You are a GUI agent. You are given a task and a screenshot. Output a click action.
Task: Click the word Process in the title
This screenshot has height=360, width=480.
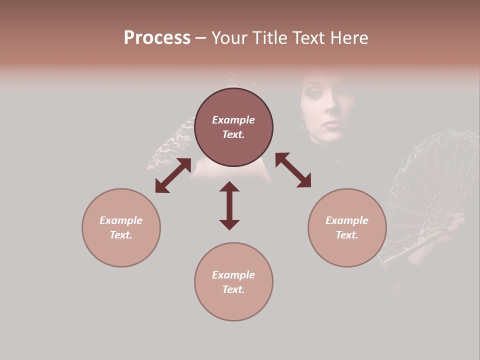157,38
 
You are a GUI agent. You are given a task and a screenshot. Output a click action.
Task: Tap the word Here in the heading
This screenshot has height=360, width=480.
349,38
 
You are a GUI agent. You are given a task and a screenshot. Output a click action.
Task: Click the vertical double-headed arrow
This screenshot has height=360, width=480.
229,206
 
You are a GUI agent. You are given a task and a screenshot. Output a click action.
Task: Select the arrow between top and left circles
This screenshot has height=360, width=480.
173,175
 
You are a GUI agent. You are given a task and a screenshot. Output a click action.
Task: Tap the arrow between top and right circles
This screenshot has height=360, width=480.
293,170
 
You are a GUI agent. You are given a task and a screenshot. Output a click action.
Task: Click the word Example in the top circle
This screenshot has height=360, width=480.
233,120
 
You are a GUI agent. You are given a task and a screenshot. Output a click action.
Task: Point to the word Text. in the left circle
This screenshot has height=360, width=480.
121,235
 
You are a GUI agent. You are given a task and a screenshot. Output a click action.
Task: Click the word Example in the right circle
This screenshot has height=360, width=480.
347,220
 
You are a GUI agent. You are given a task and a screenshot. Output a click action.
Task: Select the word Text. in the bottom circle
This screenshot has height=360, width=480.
233,289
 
